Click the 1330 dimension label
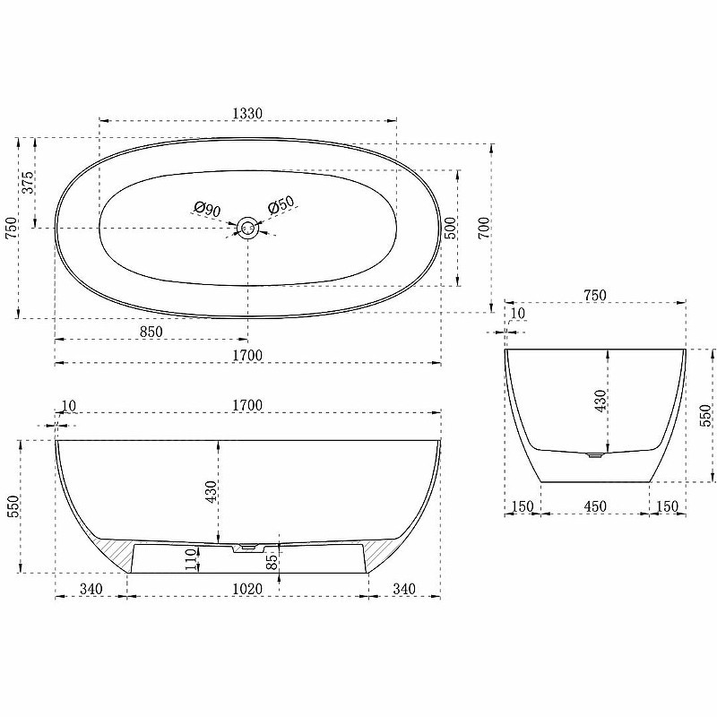coord(247,113)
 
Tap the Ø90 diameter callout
coord(207,210)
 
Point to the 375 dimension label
coord(28,182)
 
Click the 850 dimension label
coord(151,332)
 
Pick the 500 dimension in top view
coord(450,228)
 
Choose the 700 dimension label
coord(483,228)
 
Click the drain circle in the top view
coord(248,228)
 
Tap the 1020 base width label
coord(247,589)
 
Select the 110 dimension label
coord(191,558)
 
